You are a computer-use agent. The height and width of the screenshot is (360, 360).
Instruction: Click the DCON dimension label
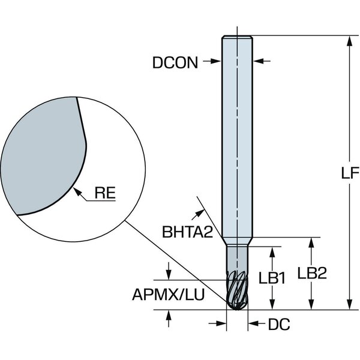click(175, 62)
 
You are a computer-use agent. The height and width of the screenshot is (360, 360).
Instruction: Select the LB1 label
click(272, 278)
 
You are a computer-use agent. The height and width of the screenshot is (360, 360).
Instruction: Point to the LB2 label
click(312, 273)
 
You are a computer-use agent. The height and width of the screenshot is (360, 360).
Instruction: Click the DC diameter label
click(279, 325)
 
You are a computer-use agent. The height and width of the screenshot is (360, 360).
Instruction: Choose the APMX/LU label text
click(168, 295)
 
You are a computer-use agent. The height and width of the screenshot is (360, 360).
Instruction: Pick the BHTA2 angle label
click(188, 232)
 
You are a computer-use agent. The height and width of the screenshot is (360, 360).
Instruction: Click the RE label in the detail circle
click(105, 193)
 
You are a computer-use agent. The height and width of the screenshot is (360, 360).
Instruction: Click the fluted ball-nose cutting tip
click(237, 290)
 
